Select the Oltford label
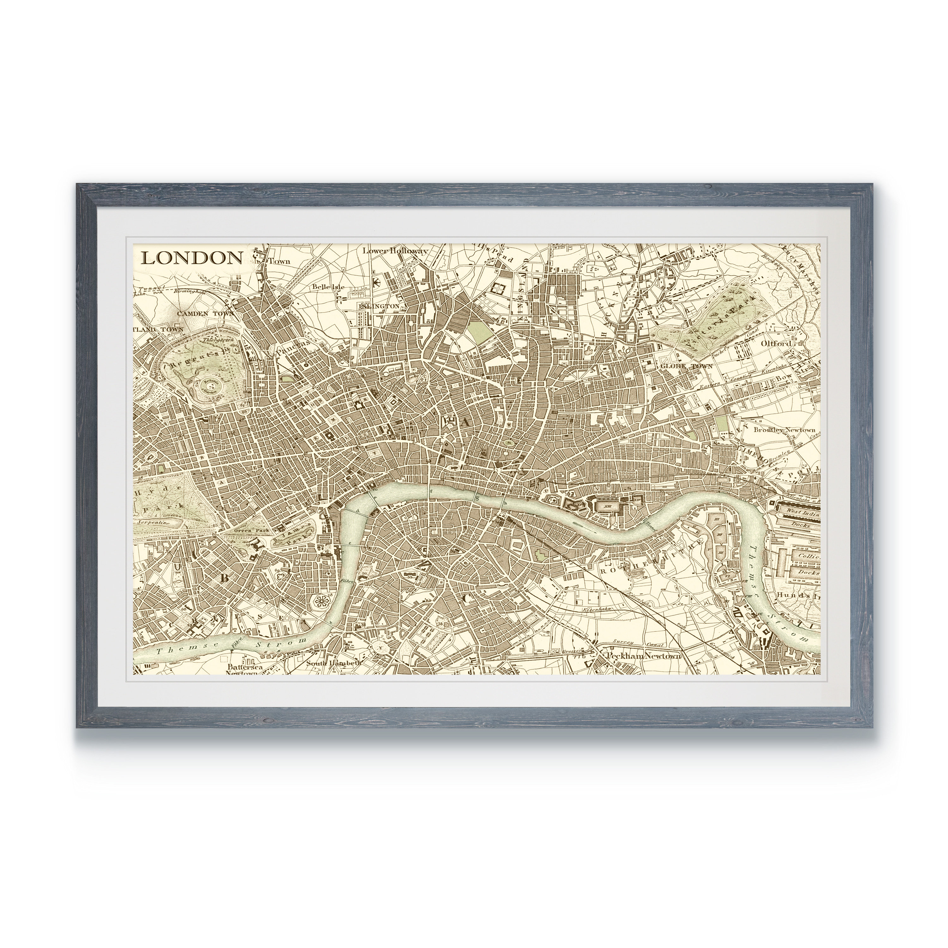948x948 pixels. (x=776, y=344)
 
